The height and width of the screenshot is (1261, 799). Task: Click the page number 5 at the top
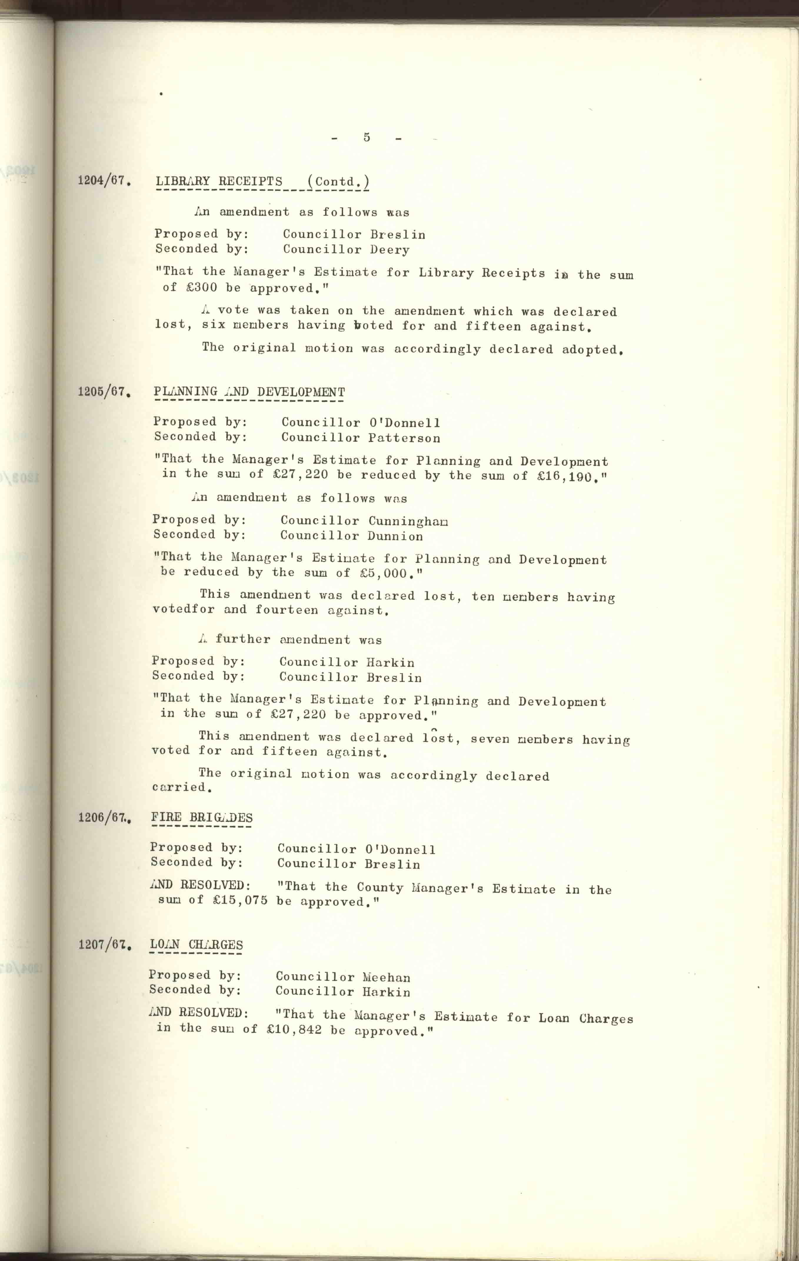[x=367, y=137]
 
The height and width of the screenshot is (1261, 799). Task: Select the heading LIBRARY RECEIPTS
[x=219, y=182]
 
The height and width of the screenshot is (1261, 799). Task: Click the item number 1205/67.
[x=104, y=392]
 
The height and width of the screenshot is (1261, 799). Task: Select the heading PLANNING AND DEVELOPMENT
[x=249, y=392]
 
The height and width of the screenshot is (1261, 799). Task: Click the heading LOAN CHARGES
[x=196, y=945]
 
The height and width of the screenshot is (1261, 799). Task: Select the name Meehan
[x=387, y=977]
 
